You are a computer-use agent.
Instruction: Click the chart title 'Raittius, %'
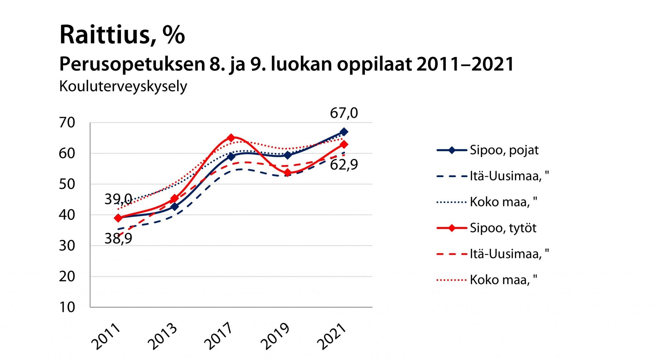(x=122, y=35)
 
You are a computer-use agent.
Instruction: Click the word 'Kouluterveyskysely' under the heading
(x=123, y=86)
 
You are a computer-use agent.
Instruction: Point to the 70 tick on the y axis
(x=67, y=122)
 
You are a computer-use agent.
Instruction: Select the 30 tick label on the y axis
(x=67, y=246)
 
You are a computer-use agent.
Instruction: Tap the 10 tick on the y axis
(x=67, y=307)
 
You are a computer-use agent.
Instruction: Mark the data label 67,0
(x=344, y=113)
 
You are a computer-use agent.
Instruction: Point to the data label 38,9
(x=118, y=239)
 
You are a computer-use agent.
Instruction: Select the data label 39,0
(x=118, y=200)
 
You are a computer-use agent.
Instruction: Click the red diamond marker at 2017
(x=231, y=138)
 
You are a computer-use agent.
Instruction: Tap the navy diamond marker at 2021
(x=344, y=132)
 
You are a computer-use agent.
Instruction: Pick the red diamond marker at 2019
(x=288, y=173)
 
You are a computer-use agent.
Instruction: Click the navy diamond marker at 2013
(x=175, y=207)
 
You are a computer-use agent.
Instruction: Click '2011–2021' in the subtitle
(x=465, y=64)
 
